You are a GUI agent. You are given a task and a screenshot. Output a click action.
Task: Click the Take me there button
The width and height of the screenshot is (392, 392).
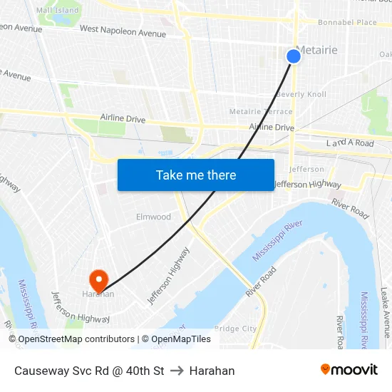pos(196,175)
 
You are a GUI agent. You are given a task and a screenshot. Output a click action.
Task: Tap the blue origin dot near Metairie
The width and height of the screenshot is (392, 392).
pos(294,56)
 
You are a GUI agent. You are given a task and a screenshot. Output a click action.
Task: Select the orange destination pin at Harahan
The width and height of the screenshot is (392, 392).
pos(98,279)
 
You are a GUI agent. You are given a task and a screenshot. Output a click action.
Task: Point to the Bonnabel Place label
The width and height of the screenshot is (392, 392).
pos(347,23)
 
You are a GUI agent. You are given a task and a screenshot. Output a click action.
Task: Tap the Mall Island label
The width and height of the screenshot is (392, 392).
pos(57,10)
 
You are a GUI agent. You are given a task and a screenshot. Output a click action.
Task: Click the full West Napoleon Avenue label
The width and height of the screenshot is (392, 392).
pos(123,33)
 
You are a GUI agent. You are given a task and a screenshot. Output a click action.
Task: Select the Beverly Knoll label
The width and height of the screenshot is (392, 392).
pos(301,94)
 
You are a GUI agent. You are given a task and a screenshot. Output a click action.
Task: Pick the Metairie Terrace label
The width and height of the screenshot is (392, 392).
pos(260,111)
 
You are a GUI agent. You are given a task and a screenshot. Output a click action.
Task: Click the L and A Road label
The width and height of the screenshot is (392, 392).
pos(350,143)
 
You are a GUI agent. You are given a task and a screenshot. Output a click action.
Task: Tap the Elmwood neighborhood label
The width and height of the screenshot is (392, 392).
pos(153,217)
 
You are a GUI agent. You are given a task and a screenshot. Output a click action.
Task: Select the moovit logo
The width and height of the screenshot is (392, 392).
pos(349,370)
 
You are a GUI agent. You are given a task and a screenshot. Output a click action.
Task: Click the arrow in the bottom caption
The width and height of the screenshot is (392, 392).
pos(177,371)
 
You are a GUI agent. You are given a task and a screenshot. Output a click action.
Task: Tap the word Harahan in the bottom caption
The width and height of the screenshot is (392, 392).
pos(212,371)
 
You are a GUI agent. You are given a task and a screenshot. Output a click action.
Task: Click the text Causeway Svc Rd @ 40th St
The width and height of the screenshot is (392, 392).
pos(89,371)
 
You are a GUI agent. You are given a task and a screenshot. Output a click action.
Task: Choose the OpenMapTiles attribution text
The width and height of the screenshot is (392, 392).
pos(181,339)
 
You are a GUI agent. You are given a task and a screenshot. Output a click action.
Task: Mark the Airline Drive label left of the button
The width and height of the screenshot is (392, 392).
pos(123,118)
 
